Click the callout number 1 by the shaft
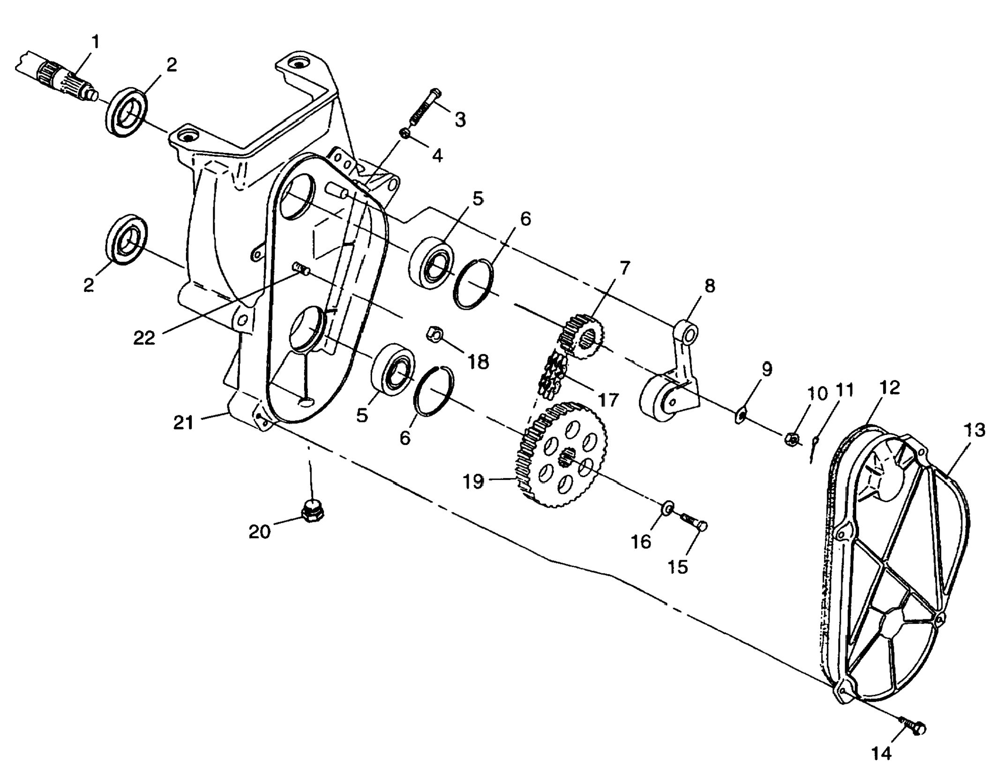(95, 42)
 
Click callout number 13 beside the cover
(974, 431)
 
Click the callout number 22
(144, 337)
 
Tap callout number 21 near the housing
(183, 422)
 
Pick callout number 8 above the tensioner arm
(710, 286)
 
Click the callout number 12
(890, 388)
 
